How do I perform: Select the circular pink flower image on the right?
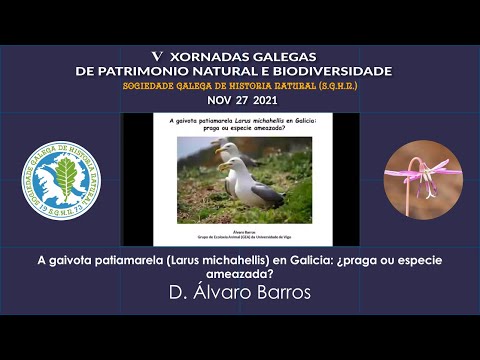click(x=423, y=179)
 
